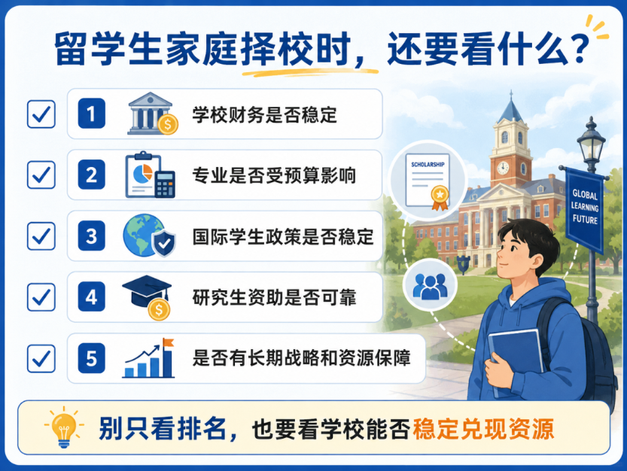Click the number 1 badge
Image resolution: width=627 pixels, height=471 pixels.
coord(92,114)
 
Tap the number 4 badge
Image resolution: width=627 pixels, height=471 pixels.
coord(92,296)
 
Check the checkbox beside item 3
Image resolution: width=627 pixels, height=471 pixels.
coord(41,236)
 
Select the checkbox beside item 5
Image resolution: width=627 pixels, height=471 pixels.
coord(41,358)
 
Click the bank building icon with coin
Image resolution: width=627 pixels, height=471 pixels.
coord(152,114)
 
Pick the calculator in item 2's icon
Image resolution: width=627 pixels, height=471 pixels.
coord(165,184)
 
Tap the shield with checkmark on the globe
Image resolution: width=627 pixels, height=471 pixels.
coord(164,242)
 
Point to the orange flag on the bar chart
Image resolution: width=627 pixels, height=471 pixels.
coord(169,342)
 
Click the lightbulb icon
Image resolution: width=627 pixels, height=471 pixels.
coord(63,427)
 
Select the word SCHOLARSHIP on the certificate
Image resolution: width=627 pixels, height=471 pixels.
coord(428,164)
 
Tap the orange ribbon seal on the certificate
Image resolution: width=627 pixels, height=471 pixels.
coord(440,198)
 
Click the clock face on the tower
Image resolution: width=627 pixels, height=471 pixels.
coord(503,168)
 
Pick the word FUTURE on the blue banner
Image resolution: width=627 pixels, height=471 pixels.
coord(585,220)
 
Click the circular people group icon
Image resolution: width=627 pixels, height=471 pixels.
coord(430,284)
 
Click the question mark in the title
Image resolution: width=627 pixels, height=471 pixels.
coord(580,48)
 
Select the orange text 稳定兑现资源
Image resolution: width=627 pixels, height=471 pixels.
coord(483,429)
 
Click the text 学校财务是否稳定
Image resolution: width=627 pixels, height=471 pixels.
coord(265,115)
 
